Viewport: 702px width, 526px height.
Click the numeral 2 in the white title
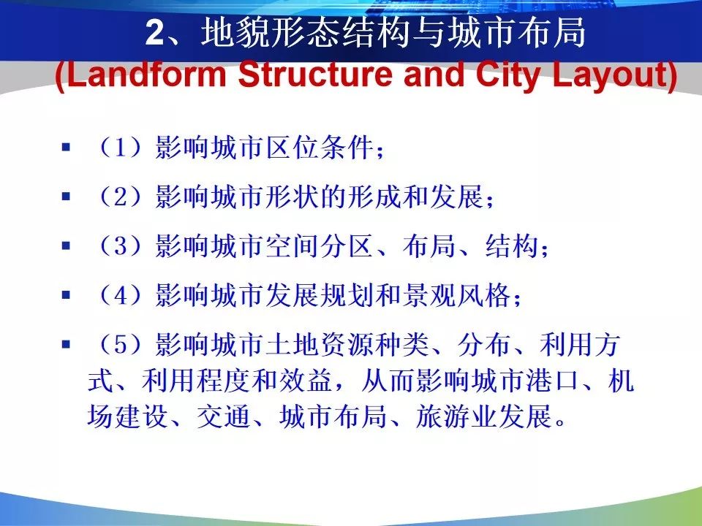pyautogui.click(x=155, y=33)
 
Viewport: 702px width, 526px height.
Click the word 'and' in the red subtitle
pyautogui.click(x=434, y=75)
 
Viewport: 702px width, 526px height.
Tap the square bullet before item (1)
pyautogui.click(x=67, y=147)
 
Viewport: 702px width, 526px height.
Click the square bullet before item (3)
pyautogui.click(x=67, y=245)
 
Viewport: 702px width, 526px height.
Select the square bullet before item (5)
pyautogui.click(x=67, y=344)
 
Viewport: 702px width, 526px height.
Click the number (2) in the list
pyautogui.click(x=121, y=197)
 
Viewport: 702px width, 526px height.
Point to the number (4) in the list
pyautogui.click(x=121, y=294)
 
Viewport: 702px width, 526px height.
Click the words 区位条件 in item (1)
pyautogui.click(x=320, y=147)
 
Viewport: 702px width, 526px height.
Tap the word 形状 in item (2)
pyautogui.click(x=292, y=197)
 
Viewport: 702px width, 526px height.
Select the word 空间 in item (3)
pyautogui.click(x=292, y=245)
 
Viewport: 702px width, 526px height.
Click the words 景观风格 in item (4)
pyautogui.click(x=456, y=294)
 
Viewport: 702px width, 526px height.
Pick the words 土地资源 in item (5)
pyautogui.click(x=320, y=344)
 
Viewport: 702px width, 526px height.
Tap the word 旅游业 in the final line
pyautogui.click(x=456, y=416)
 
